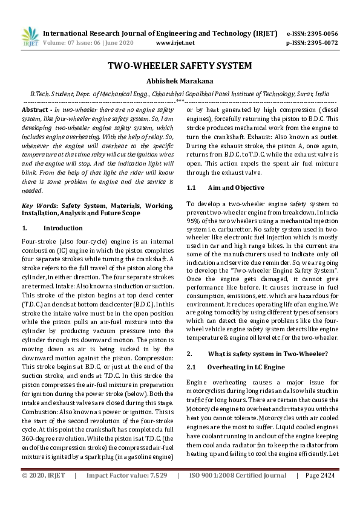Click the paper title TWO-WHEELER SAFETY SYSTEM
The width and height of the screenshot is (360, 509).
[180, 66]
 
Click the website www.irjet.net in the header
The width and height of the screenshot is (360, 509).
[175, 43]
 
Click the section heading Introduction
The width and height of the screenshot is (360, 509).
[63, 229]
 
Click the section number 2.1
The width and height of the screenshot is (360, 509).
[191, 367]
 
